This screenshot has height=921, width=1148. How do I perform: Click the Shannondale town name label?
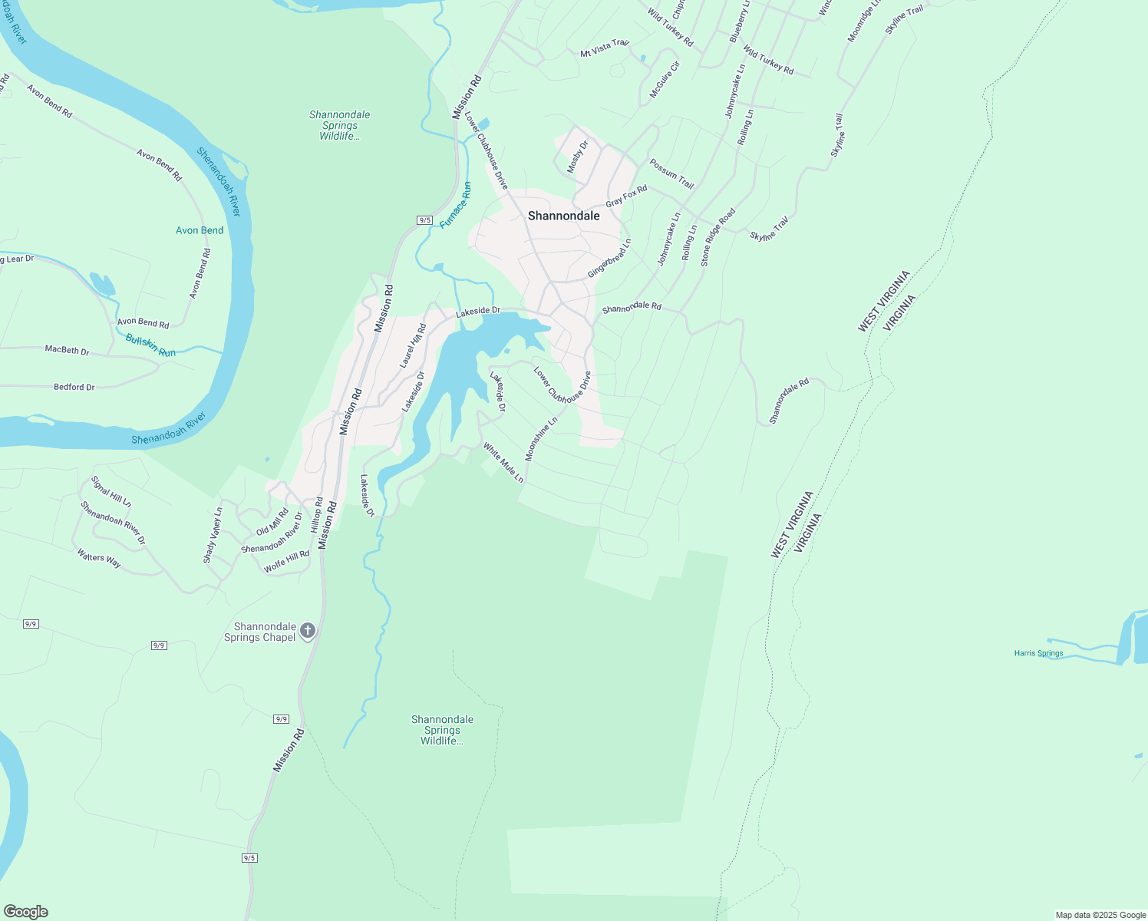coord(564,216)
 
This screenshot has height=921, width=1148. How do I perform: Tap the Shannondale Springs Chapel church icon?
coord(308,631)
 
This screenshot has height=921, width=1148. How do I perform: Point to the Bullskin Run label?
coord(150,345)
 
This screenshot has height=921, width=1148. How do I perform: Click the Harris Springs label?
coord(1038,654)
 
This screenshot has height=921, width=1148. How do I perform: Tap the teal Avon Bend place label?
coord(200,230)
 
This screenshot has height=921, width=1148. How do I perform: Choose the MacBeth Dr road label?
coord(67,350)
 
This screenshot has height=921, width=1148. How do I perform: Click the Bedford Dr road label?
coord(74,387)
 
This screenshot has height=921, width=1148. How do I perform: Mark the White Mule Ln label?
coord(503,462)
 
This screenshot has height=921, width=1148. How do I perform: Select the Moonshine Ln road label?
coord(541,439)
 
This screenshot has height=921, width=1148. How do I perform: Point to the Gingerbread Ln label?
coord(609,259)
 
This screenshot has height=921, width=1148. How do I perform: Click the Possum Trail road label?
coord(671,174)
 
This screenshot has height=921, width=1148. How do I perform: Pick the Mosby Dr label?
coord(577,156)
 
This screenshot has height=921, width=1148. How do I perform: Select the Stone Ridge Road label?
coord(717,237)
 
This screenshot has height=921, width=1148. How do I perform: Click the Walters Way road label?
coord(99,558)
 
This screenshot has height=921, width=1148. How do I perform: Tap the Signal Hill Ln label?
coord(111,491)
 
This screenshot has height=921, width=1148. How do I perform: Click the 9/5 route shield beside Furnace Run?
coord(425,220)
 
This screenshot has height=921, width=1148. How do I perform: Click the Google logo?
coord(25,912)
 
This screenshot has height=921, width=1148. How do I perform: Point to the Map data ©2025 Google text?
coord(1100,915)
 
